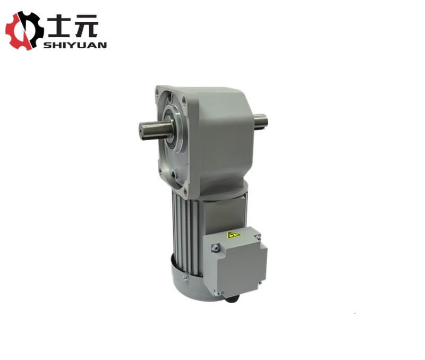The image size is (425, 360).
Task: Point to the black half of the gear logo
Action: pos(33,29)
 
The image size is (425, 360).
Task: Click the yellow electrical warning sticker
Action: pos(234,235)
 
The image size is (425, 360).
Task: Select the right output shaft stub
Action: pos(260,121)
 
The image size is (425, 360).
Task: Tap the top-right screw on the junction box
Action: pos(258,234)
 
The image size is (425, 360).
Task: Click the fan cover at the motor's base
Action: pos(191,281)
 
